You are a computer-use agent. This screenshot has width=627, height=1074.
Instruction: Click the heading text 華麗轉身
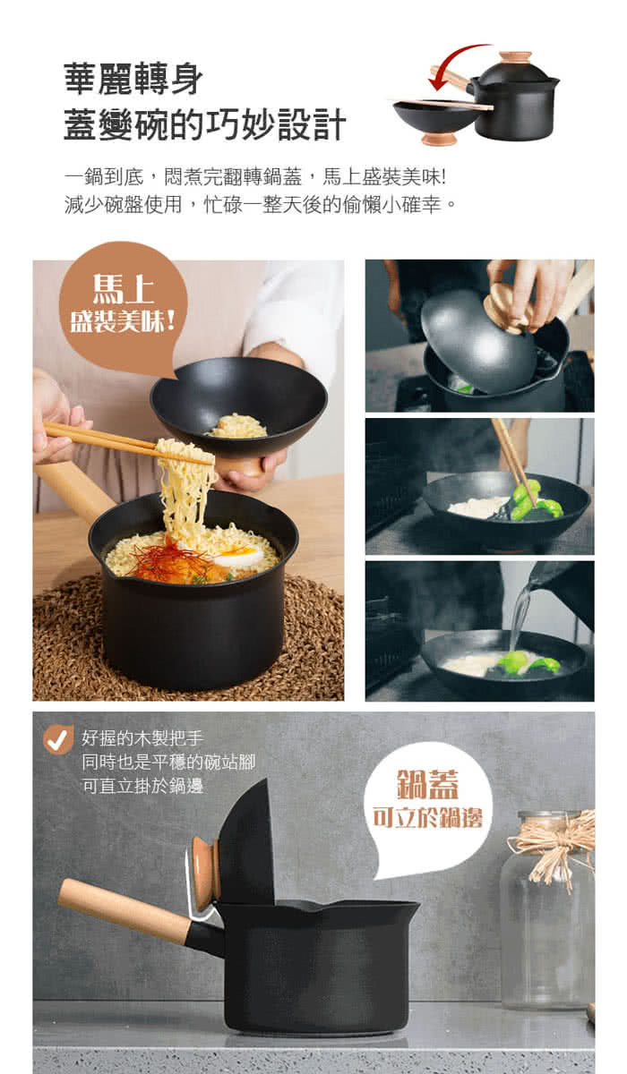(x=133, y=80)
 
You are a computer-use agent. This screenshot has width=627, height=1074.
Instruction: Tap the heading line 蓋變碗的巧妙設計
(x=205, y=124)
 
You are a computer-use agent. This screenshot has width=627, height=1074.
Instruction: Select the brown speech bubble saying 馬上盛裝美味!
(x=124, y=307)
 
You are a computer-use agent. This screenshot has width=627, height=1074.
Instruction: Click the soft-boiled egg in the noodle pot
(x=239, y=556)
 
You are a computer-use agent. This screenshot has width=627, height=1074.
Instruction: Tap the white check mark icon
(x=58, y=739)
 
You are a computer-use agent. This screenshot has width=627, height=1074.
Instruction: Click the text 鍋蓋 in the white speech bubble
(x=428, y=784)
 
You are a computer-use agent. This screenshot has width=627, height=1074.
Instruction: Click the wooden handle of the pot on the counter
(x=124, y=903)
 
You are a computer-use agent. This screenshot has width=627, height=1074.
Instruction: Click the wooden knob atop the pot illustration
(x=516, y=58)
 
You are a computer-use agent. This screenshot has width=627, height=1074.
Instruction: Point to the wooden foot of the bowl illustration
(x=439, y=138)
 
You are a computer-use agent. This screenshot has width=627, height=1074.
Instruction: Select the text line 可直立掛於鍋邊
(x=142, y=786)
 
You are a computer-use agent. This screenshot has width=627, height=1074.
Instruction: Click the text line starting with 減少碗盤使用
(x=260, y=205)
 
